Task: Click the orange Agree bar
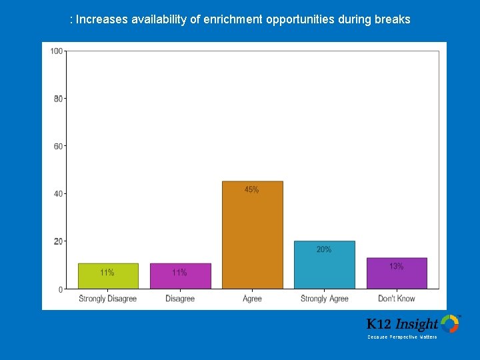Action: tap(252, 235)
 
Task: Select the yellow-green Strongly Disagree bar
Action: tap(108, 276)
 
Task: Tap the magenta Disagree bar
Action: tap(180, 276)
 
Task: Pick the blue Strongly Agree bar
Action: tap(324, 265)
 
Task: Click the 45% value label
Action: tap(251, 190)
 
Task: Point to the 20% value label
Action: tap(324, 249)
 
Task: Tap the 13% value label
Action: tap(396, 266)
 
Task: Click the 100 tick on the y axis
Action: tap(57, 51)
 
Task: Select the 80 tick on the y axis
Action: tap(58, 99)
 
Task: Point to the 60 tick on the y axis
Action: tap(58, 146)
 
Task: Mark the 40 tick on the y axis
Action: tap(58, 194)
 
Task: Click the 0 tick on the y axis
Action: tap(60, 289)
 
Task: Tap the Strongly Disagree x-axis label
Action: tap(107, 299)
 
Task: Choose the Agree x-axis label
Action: tap(252, 299)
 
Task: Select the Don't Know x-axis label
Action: tap(396, 299)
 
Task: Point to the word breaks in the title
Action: tap(393, 19)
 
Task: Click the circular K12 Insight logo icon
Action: tap(450, 324)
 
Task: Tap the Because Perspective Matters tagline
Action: tap(402, 337)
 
